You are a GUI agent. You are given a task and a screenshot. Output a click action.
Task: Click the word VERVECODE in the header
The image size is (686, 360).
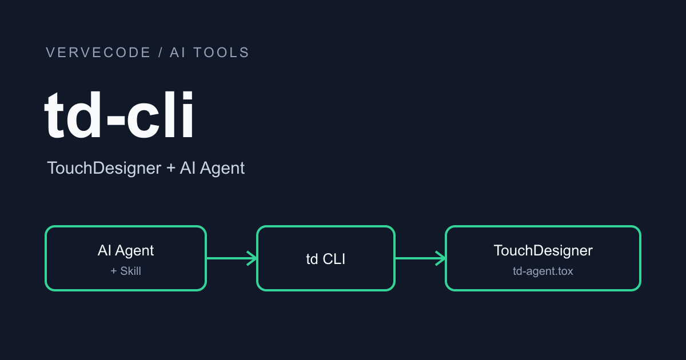coord(98,53)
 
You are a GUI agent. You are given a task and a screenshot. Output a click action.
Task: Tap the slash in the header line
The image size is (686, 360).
coord(161,53)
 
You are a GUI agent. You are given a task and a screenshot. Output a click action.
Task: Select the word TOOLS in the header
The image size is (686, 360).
coord(222,53)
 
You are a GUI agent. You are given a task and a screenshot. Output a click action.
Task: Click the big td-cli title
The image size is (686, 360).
coord(119,115)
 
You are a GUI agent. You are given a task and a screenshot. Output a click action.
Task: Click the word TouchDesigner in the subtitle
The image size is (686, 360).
coord(104,168)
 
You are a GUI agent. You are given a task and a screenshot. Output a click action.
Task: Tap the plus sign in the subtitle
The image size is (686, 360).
coord(170,169)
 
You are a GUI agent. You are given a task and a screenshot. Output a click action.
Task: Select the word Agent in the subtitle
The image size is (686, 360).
coord(222,169)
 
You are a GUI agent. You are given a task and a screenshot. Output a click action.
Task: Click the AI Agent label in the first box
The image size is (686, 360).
coord(126,250)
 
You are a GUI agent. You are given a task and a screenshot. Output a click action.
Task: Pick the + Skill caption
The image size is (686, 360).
coord(126,271)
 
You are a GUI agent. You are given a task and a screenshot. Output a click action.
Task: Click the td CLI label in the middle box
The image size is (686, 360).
coord(325,259)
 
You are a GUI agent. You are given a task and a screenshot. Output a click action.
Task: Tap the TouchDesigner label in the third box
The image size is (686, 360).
coord(543,250)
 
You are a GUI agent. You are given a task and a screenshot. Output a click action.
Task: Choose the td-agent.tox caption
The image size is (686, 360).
coord(543,271)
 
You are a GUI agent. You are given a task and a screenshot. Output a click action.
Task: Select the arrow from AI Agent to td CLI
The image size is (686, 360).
coord(232,258)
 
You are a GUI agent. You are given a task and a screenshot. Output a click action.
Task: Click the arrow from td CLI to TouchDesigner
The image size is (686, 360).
coord(420,258)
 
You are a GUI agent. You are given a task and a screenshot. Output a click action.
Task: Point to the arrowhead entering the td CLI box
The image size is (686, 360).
coord(252,258)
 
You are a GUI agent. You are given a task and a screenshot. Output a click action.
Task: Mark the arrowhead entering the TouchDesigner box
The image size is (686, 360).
coord(441,258)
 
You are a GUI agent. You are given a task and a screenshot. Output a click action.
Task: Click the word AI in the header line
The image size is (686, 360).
coord(178,53)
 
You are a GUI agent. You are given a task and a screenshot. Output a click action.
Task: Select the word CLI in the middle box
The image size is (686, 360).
coord(334,259)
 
